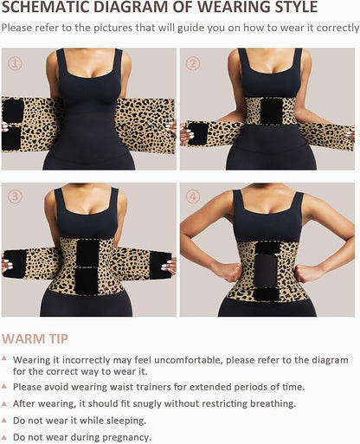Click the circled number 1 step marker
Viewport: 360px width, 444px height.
point(15,63)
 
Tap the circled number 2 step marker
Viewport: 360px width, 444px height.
point(193,63)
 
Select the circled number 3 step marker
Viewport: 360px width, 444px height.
point(15,196)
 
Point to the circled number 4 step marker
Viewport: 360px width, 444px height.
point(193,196)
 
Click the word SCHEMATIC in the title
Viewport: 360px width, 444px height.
point(43,9)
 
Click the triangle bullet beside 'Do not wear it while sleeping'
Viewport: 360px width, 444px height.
point(6,420)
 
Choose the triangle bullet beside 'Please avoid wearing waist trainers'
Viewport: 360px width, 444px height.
point(6,387)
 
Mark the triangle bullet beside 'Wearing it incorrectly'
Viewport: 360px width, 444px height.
point(6,357)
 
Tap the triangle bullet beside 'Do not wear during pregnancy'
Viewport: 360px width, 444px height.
point(6,437)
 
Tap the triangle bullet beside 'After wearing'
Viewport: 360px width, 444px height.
point(6,403)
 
